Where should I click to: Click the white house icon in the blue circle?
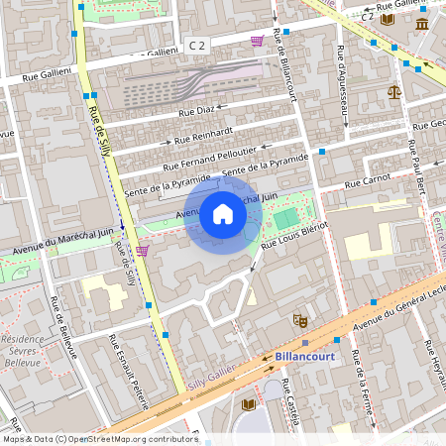223,214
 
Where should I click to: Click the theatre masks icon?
298,319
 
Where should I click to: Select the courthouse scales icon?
395,91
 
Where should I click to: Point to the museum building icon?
423,23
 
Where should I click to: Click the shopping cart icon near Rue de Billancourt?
258,40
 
